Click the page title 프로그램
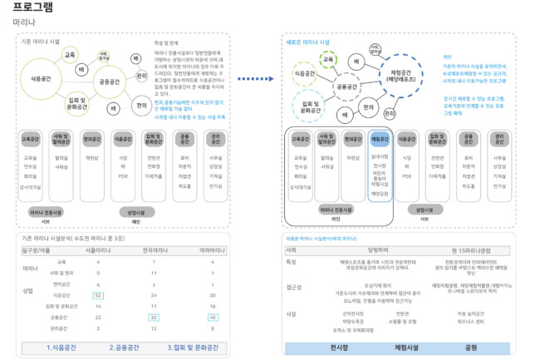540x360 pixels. pyautogui.click(x=34, y=7)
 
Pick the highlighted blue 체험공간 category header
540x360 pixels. pyautogui.click(x=379, y=139)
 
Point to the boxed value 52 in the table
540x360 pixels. pyautogui.click(x=98, y=295)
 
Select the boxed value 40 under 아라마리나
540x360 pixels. pyautogui.click(x=214, y=317)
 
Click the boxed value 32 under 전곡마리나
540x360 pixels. pyautogui.click(x=153, y=317)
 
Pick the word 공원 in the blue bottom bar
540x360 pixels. pyautogui.click(x=470, y=347)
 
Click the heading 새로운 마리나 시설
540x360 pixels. pyautogui.click(x=308, y=41)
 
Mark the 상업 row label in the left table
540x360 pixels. pyautogui.click(x=28, y=290)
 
